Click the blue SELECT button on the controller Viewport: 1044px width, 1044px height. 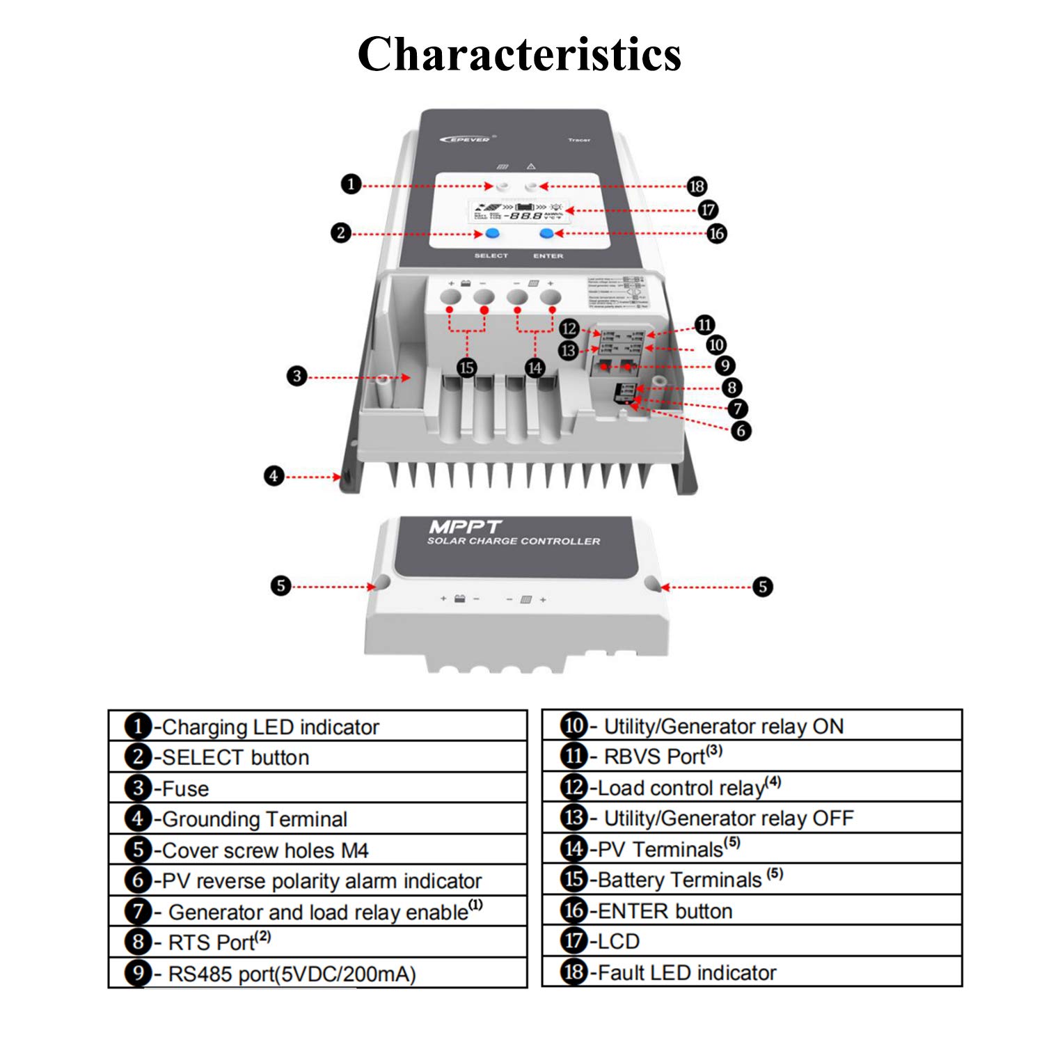(x=493, y=234)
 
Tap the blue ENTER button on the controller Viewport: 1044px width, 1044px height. (x=547, y=234)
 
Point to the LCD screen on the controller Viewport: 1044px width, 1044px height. (x=519, y=211)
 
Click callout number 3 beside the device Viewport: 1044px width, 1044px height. (x=297, y=377)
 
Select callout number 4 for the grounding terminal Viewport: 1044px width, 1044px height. (x=274, y=476)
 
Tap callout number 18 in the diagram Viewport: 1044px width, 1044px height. (x=697, y=186)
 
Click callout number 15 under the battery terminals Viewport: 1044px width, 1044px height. (x=466, y=367)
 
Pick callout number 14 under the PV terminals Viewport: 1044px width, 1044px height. (x=535, y=367)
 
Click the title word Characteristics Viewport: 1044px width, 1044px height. (x=519, y=54)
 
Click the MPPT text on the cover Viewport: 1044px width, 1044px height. (x=465, y=527)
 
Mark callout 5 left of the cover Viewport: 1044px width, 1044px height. (x=280, y=585)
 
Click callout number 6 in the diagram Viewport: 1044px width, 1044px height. (x=741, y=431)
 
